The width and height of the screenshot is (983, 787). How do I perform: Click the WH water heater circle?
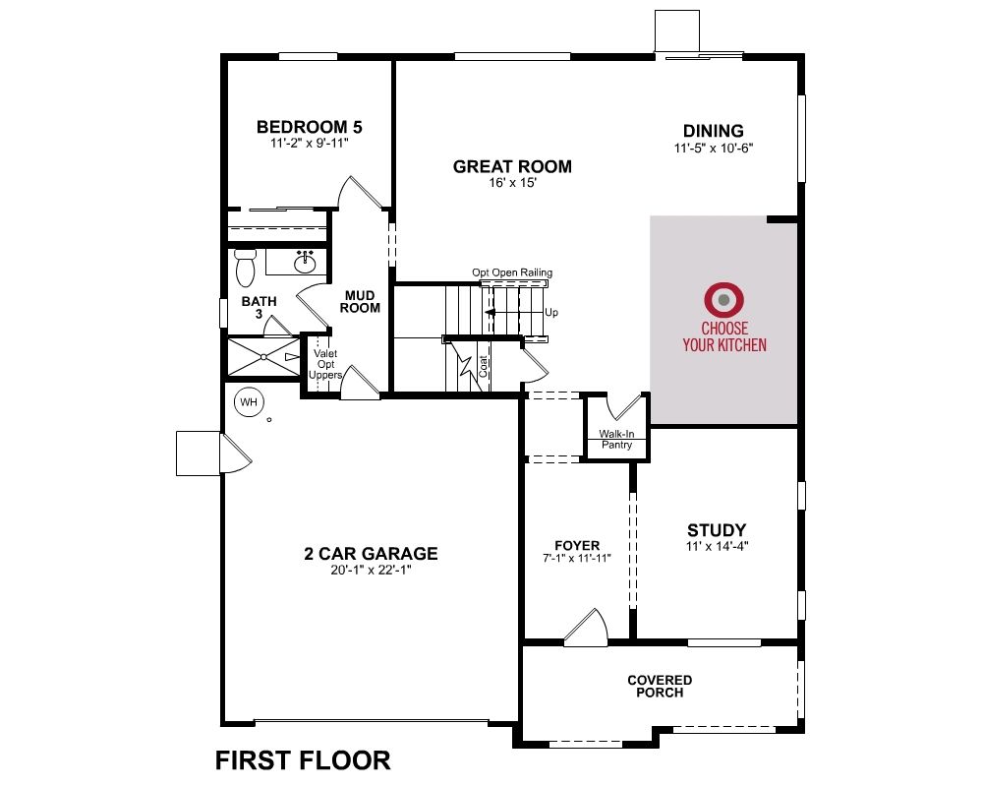click(x=249, y=402)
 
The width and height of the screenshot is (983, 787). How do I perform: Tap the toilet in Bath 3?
click(x=245, y=268)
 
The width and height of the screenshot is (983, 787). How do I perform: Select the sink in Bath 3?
click(x=306, y=263)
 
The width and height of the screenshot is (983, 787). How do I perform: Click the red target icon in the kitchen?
click(x=724, y=300)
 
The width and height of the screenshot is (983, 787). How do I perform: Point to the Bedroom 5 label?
click(x=309, y=127)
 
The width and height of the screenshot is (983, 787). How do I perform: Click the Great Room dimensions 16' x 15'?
click(x=512, y=183)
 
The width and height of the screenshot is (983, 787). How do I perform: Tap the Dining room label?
click(x=714, y=131)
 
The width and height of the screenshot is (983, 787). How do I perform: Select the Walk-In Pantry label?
click(x=617, y=440)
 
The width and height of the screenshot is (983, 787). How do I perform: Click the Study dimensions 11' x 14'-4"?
click(x=717, y=547)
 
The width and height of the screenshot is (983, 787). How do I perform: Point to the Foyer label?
click(x=577, y=545)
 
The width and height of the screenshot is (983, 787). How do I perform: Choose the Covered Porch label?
click(x=660, y=687)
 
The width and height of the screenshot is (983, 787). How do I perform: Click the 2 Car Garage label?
click(x=372, y=554)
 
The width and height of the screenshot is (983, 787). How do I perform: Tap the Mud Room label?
click(x=360, y=302)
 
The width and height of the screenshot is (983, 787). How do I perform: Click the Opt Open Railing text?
click(x=512, y=272)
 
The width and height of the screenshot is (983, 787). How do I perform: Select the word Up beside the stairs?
click(x=551, y=313)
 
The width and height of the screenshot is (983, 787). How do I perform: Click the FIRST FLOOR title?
click(x=303, y=760)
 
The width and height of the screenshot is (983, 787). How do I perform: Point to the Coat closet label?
click(x=483, y=367)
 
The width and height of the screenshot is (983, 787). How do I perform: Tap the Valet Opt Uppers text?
click(x=325, y=365)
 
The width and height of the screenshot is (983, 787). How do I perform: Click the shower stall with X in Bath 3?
click(x=263, y=357)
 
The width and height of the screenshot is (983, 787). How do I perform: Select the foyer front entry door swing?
click(x=587, y=627)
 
